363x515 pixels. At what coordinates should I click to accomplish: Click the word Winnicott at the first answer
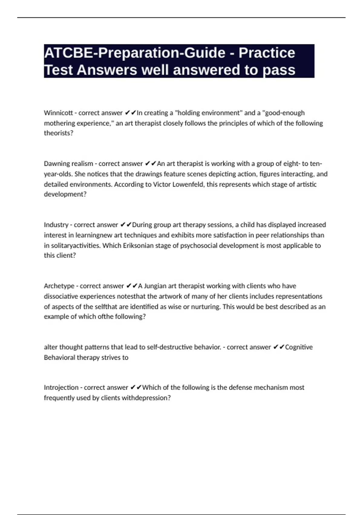pos(58,113)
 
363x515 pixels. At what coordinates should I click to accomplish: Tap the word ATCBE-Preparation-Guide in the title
pos(135,53)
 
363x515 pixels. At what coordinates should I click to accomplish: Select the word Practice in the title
pos(267,53)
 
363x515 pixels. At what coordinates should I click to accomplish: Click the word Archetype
pos(59,286)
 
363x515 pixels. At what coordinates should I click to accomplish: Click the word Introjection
pos(61,387)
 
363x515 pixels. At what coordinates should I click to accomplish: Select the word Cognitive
pos(299,347)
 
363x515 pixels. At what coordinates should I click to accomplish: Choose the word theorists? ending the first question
pos(59,133)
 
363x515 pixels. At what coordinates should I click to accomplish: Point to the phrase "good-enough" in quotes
pos(283,113)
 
